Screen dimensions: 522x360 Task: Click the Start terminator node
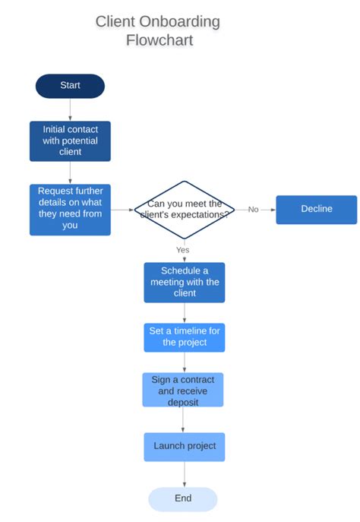click(x=70, y=86)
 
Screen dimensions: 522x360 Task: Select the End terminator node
click(x=182, y=498)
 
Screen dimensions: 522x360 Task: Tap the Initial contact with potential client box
click(x=70, y=141)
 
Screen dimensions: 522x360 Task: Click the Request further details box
click(x=70, y=209)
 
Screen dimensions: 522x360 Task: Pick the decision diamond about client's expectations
click(x=184, y=210)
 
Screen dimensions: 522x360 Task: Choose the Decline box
click(x=316, y=209)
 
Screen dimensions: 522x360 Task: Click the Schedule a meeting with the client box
click(x=184, y=282)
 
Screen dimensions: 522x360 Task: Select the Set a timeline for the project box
click(x=184, y=337)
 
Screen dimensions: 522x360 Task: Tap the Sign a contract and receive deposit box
click(x=184, y=390)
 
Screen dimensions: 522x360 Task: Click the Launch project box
click(x=184, y=446)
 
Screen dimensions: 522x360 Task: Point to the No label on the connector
click(x=253, y=210)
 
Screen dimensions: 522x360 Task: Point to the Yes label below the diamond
click(x=183, y=249)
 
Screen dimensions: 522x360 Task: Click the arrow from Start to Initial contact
click(x=70, y=110)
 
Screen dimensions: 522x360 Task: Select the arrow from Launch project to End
click(x=184, y=474)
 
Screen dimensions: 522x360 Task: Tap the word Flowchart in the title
click(x=159, y=40)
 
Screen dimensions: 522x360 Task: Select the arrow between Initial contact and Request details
click(x=70, y=172)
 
